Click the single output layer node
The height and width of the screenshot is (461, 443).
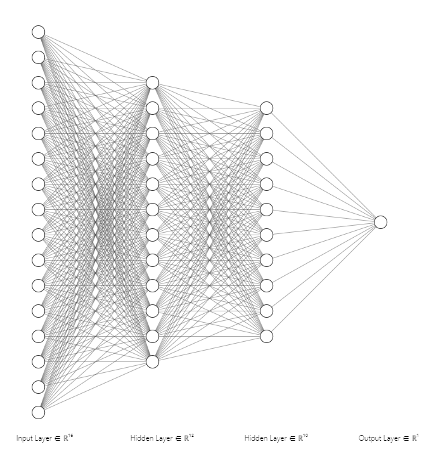pyautogui.click(x=380, y=222)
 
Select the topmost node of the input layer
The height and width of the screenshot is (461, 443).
pyautogui.click(x=39, y=32)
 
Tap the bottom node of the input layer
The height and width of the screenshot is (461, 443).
pyautogui.click(x=39, y=412)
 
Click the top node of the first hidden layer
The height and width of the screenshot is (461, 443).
pyautogui.click(x=152, y=82)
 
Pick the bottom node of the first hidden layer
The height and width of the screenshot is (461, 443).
pyautogui.click(x=152, y=361)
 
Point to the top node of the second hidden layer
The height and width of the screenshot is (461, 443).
pyautogui.click(x=266, y=108)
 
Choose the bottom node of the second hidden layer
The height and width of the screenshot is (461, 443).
pyautogui.click(x=266, y=336)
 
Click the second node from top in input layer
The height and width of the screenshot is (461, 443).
pyautogui.click(x=39, y=57)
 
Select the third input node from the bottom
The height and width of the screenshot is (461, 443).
pyautogui.click(x=39, y=361)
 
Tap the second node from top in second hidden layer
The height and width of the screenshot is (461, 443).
pyautogui.click(x=266, y=133)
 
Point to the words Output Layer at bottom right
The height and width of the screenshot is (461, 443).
pyautogui.click(x=376, y=438)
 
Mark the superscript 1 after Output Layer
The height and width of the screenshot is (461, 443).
pyautogui.click(x=418, y=436)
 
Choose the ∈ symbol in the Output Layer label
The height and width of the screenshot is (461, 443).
pyautogui.click(x=404, y=438)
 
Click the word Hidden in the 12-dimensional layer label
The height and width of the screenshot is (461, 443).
pyautogui.click(x=141, y=438)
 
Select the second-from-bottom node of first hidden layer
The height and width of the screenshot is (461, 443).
pyautogui.click(x=152, y=336)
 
